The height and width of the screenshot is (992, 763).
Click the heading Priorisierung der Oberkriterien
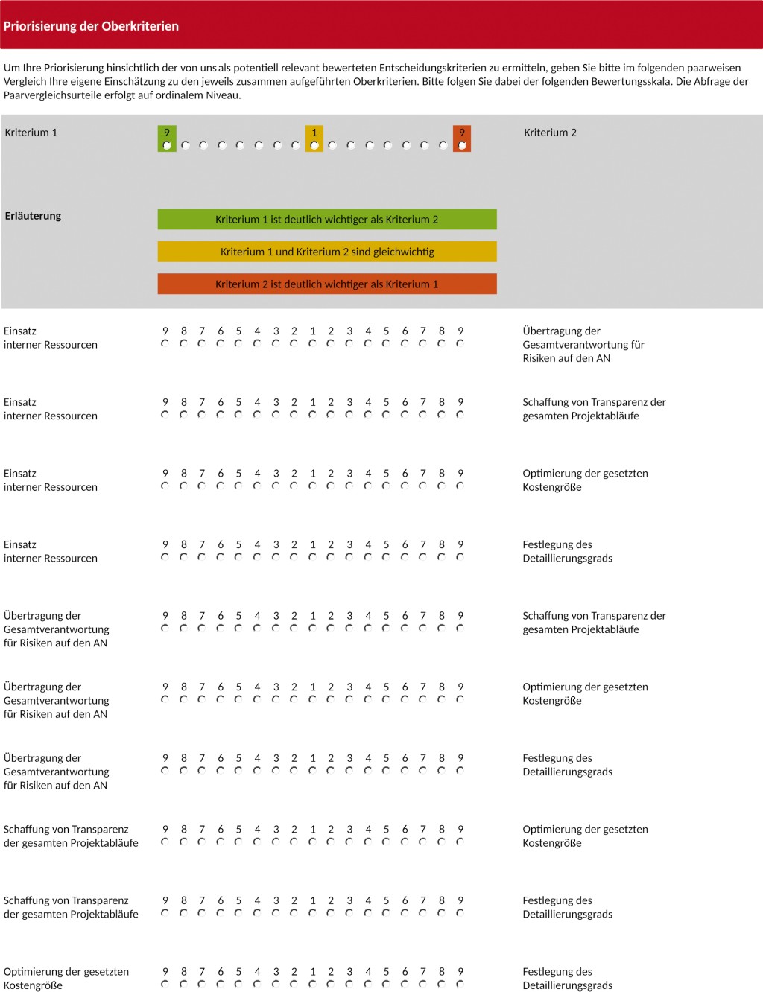click(91, 26)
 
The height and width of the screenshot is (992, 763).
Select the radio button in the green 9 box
click(167, 145)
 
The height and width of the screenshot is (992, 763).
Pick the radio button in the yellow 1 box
click(314, 145)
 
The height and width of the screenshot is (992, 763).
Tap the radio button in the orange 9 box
click(462, 145)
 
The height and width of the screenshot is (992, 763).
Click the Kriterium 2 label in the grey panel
click(550, 133)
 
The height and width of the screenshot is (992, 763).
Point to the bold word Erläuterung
click(33, 216)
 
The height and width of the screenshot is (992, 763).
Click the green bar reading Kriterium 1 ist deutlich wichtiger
click(326, 220)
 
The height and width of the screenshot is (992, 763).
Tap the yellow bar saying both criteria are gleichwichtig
click(326, 252)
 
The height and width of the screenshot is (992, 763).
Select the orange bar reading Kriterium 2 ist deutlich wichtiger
click(326, 284)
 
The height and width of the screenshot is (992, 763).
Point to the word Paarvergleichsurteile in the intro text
click(54, 95)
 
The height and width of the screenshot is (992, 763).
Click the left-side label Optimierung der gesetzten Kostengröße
click(66, 978)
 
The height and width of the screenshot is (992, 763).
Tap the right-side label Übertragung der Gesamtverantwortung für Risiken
click(583, 344)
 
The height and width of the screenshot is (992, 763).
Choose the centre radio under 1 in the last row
click(312, 984)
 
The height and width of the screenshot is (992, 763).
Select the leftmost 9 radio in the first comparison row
click(165, 343)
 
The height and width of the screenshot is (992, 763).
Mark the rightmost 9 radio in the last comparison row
click(460, 984)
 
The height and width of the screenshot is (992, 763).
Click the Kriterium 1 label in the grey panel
click(31, 133)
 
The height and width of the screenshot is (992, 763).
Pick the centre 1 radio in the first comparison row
click(312, 343)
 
